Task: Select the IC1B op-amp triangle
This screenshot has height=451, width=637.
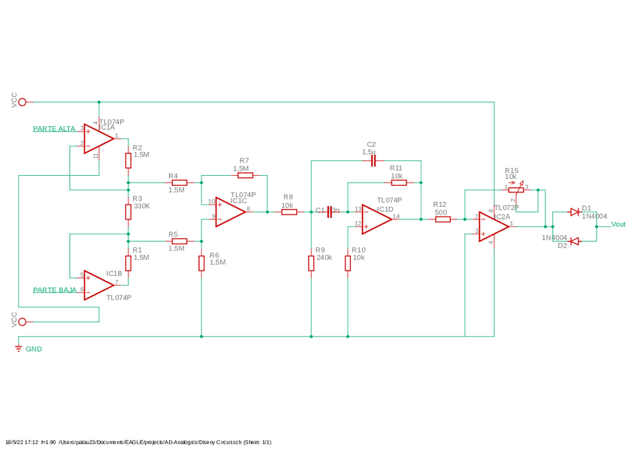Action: pos(98,285)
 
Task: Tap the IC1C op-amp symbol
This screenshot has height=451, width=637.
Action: pos(230,212)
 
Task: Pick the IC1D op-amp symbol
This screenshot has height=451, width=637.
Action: pos(376,219)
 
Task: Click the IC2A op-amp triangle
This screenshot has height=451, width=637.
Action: pos(494,226)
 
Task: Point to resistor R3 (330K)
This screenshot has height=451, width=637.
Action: pos(128,212)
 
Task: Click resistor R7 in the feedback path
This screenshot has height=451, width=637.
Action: pos(245,175)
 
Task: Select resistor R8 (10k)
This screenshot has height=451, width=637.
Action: pos(289,212)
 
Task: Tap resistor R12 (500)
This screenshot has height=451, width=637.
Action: pos(443,219)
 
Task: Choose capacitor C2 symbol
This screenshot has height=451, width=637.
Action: pos(373,161)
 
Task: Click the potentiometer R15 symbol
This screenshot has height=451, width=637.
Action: pos(515,189)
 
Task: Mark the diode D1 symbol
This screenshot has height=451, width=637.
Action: pos(575,212)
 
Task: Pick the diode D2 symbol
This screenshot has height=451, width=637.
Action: pos(575,241)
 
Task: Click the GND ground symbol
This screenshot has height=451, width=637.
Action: pos(19,349)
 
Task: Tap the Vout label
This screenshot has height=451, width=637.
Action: pos(617,224)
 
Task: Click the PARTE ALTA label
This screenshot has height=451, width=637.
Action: pos(54,129)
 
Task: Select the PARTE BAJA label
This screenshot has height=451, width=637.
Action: pos(55,289)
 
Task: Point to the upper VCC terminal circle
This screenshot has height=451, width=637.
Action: pos(22,102)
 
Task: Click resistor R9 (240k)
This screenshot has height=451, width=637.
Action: pos(311,263)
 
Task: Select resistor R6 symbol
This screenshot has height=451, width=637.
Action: pos(201,263)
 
